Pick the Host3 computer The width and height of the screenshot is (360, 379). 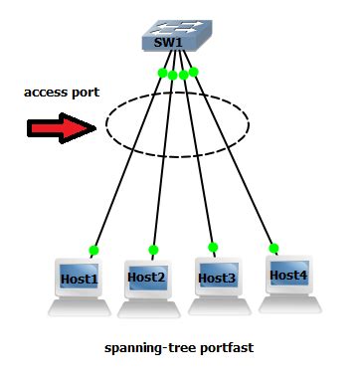pos(216,284)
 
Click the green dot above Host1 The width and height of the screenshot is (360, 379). pos(93,250)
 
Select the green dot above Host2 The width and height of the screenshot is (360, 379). pos(153,250)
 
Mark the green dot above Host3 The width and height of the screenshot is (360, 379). pos(212,247)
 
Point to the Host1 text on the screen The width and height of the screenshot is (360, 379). pos(80,279)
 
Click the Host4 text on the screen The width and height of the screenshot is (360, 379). pos(288,274)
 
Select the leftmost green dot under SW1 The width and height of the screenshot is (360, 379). pos(162,73)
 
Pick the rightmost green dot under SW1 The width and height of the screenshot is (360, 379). pos(194,71)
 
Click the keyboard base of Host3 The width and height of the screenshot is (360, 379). pos(219,307)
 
